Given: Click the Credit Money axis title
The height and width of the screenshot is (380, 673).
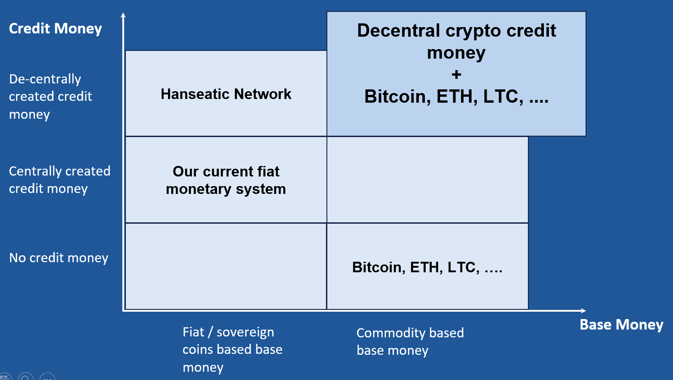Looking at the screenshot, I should click(x=55, y=28).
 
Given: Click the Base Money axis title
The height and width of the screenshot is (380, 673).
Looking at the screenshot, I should click(x=621, y=325).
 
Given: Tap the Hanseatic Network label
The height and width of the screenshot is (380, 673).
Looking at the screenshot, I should click(x=226, y=94).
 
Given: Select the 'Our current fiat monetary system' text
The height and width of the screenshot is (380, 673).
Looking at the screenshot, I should click(x=226, y=180).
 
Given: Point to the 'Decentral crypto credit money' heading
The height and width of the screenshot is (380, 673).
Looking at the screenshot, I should click(x=456, y=41).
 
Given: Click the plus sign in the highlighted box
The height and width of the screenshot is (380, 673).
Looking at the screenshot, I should click(x=456, y=74).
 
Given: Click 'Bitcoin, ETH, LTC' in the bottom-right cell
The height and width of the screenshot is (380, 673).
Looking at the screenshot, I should click(x=427, y=267).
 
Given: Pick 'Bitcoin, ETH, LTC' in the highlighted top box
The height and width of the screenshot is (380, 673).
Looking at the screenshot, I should click(x=456, y=97).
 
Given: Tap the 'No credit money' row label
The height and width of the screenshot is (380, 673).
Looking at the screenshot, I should click(x=59, y=258).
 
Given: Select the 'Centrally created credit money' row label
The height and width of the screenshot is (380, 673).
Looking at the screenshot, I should click(x=60, y=180).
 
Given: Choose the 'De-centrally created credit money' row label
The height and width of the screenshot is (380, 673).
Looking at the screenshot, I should click(x=50, y=96).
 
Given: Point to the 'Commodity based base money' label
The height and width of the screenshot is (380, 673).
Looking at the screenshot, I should click(x=410, y=341).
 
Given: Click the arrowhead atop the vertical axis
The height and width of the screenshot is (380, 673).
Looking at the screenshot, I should click(x=123, y=16).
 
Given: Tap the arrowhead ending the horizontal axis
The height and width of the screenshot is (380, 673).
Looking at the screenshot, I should click(x=583, y=311).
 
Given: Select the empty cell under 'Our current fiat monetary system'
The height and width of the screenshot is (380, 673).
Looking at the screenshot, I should click(x=226, y=266).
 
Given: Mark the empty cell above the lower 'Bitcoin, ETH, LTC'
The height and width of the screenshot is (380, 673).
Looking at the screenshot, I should click(x=427, y=180).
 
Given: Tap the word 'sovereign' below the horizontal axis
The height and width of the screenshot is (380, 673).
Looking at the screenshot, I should click(x=245, y=332).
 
